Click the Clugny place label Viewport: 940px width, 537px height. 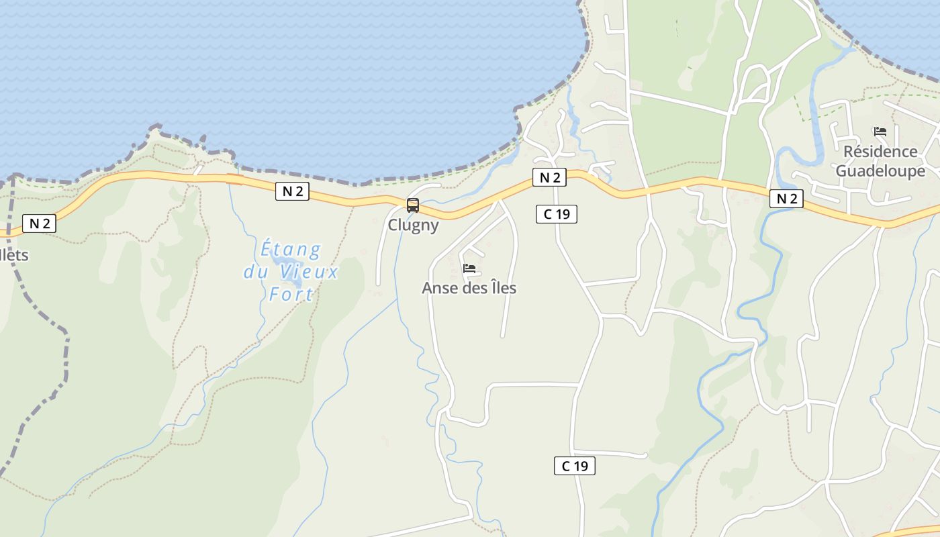[413, 225]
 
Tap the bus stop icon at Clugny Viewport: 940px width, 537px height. [413, 205]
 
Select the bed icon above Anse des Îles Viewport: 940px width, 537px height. [469, 268]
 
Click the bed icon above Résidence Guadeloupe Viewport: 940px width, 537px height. [880, 132]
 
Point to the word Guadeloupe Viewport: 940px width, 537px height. [880, 171]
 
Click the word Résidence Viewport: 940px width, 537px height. [880, 152]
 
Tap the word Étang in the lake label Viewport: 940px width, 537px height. [290, 250]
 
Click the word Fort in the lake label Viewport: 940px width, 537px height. [291, 294]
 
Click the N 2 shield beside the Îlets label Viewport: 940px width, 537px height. [40, 224]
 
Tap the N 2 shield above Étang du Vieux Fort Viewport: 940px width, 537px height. [292, 191]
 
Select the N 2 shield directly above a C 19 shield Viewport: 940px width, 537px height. [549, 177]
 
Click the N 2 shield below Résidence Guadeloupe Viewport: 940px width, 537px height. [786, 199]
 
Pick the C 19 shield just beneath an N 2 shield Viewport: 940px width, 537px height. [557, 214]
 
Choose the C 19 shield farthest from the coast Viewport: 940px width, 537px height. [575, 466]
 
